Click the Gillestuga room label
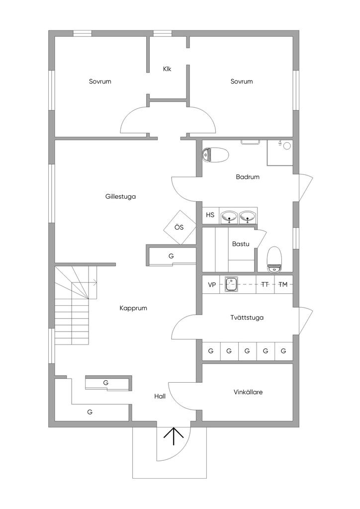(x=120, y=196)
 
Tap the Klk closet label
(x=167, y=69)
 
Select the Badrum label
(x=248, y=177)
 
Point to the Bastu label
(x=241, y=244)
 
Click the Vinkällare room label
(x=248, y=392)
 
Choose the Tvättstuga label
(x=247, y=318)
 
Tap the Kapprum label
(x=133, y=308)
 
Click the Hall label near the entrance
(x=160, y=396)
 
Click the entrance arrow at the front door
(x=174, y=436)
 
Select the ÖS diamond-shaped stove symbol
(x=179, y=227)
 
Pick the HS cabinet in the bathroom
(x=210, y=215)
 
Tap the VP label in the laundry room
(x=212, y=285)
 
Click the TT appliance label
(x=265, y=285)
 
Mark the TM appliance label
(x=283, y=285)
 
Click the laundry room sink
(x=231, y=284)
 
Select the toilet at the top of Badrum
(x=215, y=155)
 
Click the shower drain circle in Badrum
(x=287, y=146)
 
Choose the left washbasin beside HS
(x=230, y=216)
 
